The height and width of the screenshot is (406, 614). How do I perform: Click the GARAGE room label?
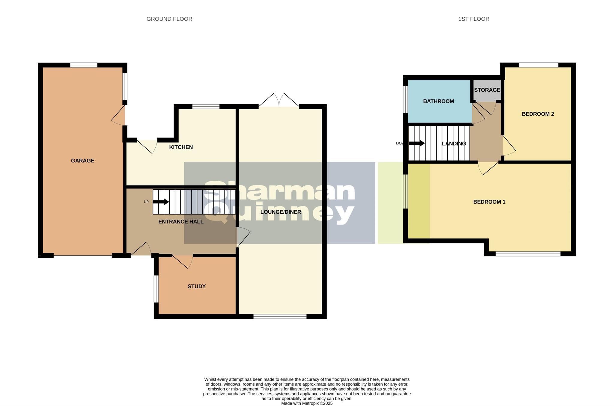(x=82, y=161)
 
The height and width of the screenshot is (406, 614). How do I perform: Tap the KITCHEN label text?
(x=181, y=147)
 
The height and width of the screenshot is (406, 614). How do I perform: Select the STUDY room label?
(x=196, y=286)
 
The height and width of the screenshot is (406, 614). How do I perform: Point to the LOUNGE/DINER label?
(x=281, y=212)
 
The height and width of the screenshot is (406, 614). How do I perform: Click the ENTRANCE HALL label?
(x=181, y=222)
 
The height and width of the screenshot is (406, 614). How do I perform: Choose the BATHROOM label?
(x=438, y=101)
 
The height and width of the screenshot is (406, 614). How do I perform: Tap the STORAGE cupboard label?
(x=487, y=90)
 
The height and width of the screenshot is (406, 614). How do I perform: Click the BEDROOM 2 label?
(x=538, y=114)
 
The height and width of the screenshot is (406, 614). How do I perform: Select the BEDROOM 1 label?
(x=489, y=202)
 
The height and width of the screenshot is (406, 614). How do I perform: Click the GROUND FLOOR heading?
(x=169, y=19)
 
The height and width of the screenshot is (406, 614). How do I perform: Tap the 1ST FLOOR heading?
(x=474, y=19)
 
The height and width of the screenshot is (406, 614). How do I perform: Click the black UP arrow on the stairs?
(x=161, y=202)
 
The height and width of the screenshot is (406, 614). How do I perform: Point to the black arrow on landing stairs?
(x=417, y=143)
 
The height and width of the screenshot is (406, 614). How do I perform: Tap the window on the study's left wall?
(x=156, y=289)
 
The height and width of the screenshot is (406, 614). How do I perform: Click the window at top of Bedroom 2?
(x=538, y=65)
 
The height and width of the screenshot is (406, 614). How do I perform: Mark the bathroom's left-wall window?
(x=405, y=99)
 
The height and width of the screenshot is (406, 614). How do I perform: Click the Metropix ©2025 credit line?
(x=307, y=403)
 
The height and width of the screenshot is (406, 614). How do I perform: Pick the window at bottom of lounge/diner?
(x=280, y=316)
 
